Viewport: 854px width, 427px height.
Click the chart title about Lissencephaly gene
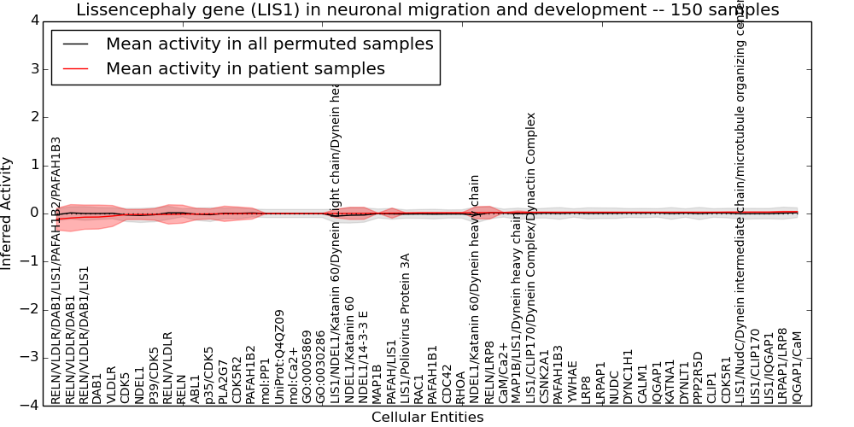tap(427, 9)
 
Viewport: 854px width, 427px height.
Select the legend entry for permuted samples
tap(269, 44)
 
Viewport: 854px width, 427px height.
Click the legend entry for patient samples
tap(245, 68)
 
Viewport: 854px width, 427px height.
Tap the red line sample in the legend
tap(75, 68)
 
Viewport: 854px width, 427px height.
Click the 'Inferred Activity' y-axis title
tap(8, 213)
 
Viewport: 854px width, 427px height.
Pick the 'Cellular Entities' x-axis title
tap(427, 418)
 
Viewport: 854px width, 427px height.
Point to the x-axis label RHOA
tap(461, 386)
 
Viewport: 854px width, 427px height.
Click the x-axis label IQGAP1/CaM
tap(798, 367)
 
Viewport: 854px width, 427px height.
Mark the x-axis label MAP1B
tap(377, 383)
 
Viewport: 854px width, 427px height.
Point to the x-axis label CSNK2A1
tap(545, 375)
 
